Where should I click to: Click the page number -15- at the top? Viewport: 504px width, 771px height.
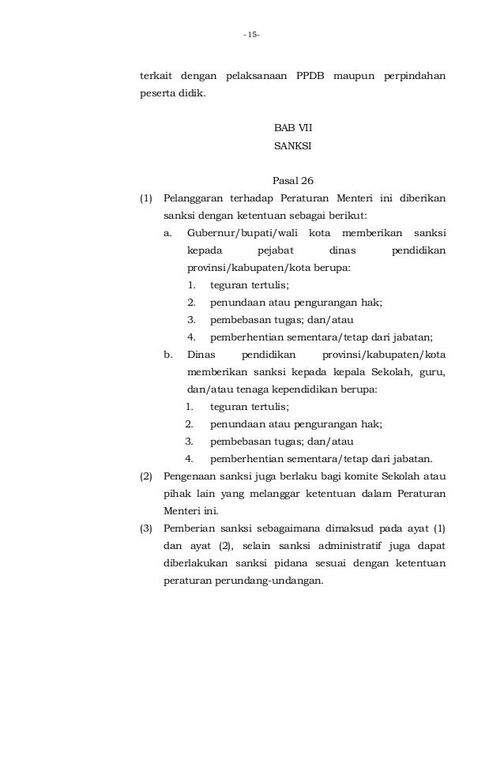point(252,35)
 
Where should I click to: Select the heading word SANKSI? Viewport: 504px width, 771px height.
point(292,146)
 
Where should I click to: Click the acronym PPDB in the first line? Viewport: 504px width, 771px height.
point(314,77)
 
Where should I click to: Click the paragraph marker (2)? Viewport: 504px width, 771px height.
point(146,476)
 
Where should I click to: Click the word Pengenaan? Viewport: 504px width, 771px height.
point(190,476)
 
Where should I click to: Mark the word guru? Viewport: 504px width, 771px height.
point(431,372)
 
